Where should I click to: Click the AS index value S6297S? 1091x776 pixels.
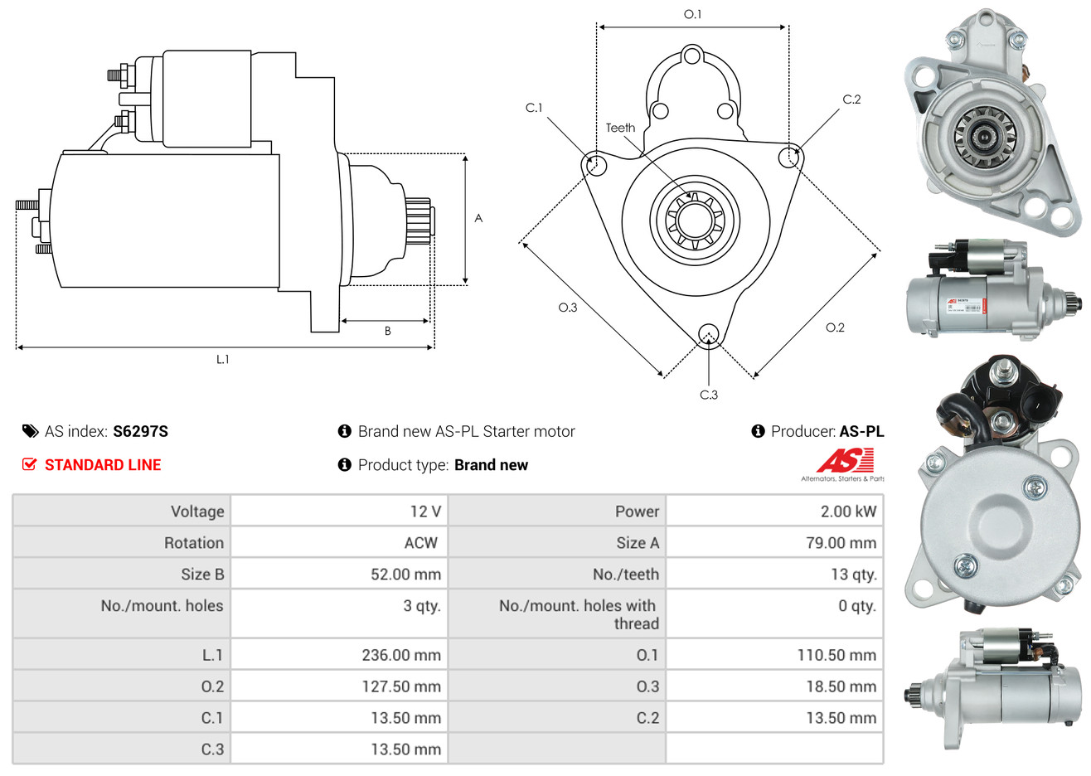pos(140,431)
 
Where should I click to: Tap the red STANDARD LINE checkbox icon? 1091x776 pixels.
pos(30,464)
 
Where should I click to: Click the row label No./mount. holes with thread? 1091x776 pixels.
pos(579,614)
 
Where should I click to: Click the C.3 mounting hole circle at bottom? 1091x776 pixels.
pos(708,334)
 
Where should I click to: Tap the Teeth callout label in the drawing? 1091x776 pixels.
pos(620,128)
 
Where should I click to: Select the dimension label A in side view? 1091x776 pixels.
pos(478,218)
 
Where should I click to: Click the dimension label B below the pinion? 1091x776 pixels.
pos(387,331)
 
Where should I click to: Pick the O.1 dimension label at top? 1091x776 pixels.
pos(692,14)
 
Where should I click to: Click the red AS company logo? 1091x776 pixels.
pos(845,460)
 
